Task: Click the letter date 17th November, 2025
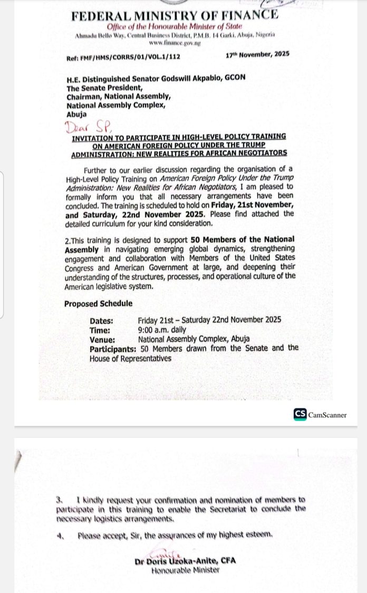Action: click(x=257, y=53)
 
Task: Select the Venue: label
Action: click(x=102, y=339)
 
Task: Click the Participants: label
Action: click(x=113, y=348)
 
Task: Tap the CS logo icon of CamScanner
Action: click(x=300, y=414)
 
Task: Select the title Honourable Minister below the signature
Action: click(x=185, y=570)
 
